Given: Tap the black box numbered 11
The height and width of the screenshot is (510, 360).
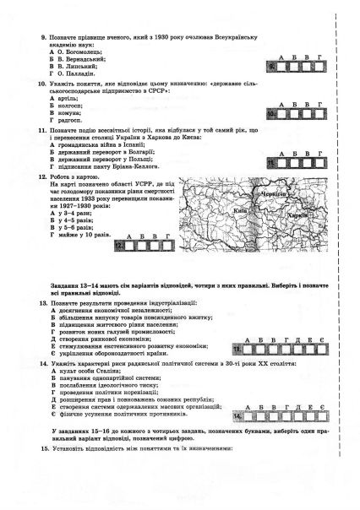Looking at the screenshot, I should pos(274,160).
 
